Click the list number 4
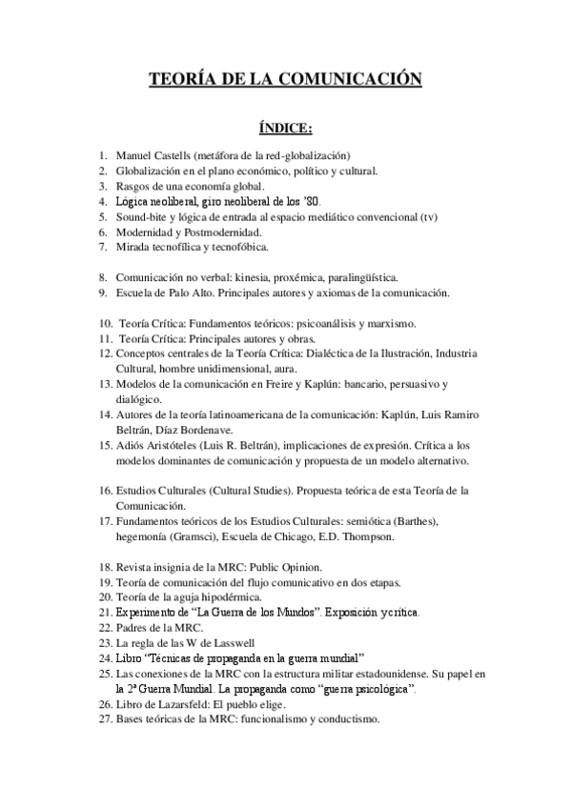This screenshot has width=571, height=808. click(x=102, y=201)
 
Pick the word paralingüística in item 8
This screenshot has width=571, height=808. click(x=357, y=277)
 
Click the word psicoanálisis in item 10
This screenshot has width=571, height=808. click(x=363, y=323)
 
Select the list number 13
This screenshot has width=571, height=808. click(x=105, y=384)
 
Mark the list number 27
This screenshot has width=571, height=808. click(x=105, y=719)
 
